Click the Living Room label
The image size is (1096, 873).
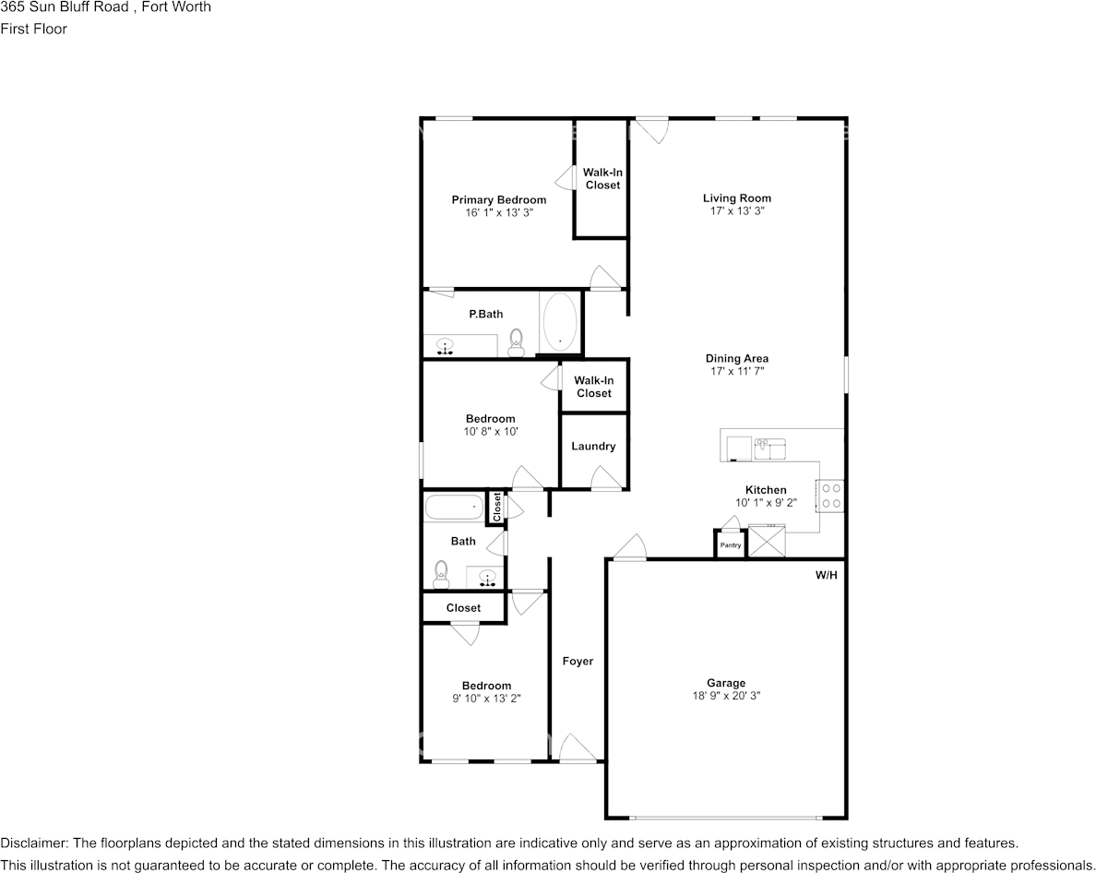(x=736, y=198)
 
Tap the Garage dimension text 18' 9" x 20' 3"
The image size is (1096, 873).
(x=726, y=696)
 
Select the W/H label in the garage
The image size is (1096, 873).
(x=826, y=575)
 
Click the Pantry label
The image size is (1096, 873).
(x=730, y=545)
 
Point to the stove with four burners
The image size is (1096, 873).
(x=830, y=496)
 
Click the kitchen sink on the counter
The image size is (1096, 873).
(x=768, y=448)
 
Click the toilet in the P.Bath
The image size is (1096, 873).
(x=517, y=342)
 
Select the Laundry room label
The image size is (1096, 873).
(x=593, y=447)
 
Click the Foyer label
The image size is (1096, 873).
(x=578, y=662)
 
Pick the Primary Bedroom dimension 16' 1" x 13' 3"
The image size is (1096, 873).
(x=499, y=212)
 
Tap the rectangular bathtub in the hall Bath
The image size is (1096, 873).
(x=453, y=506)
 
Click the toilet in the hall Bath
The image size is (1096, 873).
(x=441, y=574)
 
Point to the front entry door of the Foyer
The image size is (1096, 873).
(x=578, y=748)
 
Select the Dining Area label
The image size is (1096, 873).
(x=736, y=359)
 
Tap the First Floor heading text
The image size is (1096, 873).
(x=33, y=29)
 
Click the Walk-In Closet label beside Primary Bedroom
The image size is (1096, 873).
(x=602, y=179)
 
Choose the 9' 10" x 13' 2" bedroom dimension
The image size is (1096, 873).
(x=486, y=699)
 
